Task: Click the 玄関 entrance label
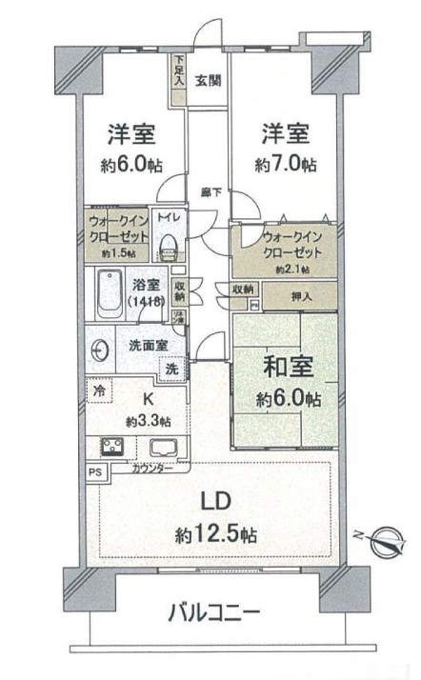209,80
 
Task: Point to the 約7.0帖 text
286,164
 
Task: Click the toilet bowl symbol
168,246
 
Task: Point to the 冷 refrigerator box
98,389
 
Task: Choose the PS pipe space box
93,470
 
